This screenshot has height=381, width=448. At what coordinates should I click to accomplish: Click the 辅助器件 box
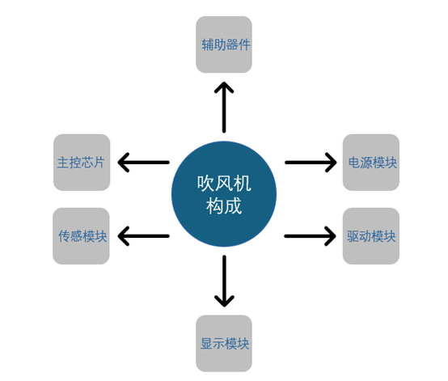pos(224,44)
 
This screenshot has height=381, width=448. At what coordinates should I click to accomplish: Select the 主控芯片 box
pos(82,163)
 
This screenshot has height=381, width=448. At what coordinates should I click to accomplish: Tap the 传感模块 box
pos(81,236)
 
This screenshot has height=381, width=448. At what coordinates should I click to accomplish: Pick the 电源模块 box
pos(371,163)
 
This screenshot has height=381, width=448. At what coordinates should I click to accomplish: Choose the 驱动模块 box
pos(371,236)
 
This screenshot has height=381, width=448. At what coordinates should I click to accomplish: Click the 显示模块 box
pos(224,343)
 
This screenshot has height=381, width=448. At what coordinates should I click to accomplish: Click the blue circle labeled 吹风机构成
pos(224,194)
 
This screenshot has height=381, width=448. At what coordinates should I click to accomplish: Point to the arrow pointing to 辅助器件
pos(224,108)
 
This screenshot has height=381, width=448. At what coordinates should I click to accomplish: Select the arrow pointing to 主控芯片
pos(144,163)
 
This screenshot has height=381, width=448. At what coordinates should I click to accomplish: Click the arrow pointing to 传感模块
pos(144,236)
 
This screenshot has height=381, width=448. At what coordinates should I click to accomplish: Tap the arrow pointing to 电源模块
pos(311,163)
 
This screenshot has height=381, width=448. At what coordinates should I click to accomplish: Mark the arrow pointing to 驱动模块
pos(311,236)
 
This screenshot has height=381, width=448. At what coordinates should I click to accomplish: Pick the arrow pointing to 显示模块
pos(224,282)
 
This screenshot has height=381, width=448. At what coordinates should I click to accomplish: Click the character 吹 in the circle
pos(205,183)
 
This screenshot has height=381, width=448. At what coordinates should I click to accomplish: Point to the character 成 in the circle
pos(233,205)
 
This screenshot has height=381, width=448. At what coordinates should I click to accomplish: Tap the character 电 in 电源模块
pos(354,163)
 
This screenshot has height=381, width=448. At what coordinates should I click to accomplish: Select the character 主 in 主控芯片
pos(63,163)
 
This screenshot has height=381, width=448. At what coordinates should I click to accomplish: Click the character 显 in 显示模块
pos(206,344)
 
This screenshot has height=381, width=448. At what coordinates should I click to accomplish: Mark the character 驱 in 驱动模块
pos(353,236)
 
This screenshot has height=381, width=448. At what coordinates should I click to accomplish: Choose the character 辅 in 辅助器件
pos(208,44)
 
